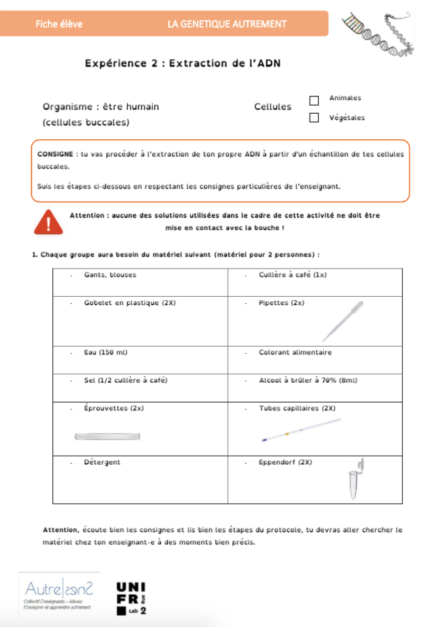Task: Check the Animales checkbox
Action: coord(314,100)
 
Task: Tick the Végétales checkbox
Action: coord(314,118)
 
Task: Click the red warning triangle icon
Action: coord(49,222)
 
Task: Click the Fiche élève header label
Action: coord(59,24)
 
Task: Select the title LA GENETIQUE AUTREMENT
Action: coord(227,24)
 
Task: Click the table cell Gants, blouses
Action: coord(110,274)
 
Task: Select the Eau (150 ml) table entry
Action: coord(106,353)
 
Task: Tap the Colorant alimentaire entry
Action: coord(295,353)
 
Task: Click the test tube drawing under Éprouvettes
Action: coord(108,437)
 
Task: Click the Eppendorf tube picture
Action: coord(355,481)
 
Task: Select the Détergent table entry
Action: coord(102,462)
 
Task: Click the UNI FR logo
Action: coord(131,598)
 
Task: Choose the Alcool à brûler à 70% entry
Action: coord(308,380)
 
